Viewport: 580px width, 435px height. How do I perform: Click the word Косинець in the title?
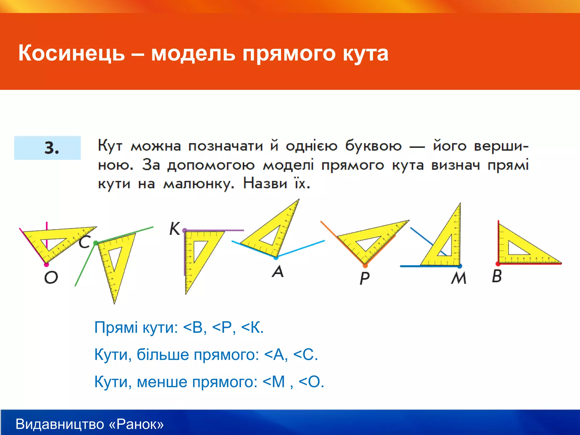(71, 53)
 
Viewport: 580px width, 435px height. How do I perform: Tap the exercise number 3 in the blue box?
(52, 148)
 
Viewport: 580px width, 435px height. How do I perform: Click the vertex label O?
(51, 277)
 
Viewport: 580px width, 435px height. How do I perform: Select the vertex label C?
(84, 242)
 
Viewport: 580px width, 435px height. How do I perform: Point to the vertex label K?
(174, 229)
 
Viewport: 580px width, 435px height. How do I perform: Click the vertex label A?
(278, 271)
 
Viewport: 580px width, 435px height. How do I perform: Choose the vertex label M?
(459, 278)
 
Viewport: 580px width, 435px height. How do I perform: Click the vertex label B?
(497, 276)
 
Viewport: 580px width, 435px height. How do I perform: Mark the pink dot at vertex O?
(46, 265)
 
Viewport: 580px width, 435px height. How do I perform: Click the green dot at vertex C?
(96, 243)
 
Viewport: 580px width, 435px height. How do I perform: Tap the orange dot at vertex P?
(365, 266)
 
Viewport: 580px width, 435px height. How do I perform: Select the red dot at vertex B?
(498, 264)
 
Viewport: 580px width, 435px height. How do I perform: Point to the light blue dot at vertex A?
(276, 258)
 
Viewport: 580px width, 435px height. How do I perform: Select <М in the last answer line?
(274, 382)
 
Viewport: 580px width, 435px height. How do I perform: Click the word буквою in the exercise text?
(373, 146)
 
